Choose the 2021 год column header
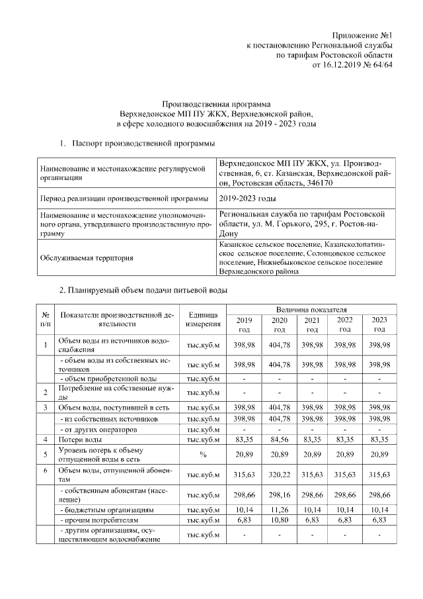tap(311, 324)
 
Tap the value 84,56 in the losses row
tap(280, 439)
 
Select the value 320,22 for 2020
tap(280, 475)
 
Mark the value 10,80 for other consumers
tap(280, 522)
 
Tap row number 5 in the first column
tap(45, 455)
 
